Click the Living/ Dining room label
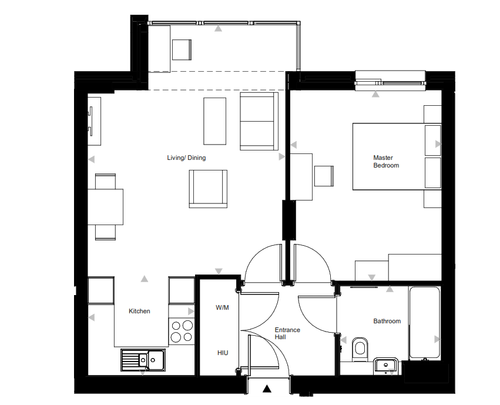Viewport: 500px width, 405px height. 186,158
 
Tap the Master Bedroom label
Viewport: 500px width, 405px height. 386,162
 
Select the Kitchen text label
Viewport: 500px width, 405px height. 139,311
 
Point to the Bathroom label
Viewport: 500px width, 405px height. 387,321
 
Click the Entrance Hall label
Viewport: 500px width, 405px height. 287,333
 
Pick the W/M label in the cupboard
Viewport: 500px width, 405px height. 222,308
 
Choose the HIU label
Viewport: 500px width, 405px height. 223,353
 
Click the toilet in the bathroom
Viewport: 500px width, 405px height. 360,349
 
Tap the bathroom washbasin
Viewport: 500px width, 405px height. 386,366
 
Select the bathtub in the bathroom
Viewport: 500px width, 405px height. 425,323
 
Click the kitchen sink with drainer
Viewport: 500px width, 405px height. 143,360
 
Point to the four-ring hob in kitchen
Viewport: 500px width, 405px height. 182,332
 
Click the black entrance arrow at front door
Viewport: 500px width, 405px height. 267,389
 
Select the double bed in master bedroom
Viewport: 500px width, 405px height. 397,156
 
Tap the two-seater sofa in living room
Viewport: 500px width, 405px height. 259,121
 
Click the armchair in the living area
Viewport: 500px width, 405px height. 208,189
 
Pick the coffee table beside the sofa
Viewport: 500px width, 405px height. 215,121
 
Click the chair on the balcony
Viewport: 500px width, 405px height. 182,50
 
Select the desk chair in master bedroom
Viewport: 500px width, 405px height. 324,176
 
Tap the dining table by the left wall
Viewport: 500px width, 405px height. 106,207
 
